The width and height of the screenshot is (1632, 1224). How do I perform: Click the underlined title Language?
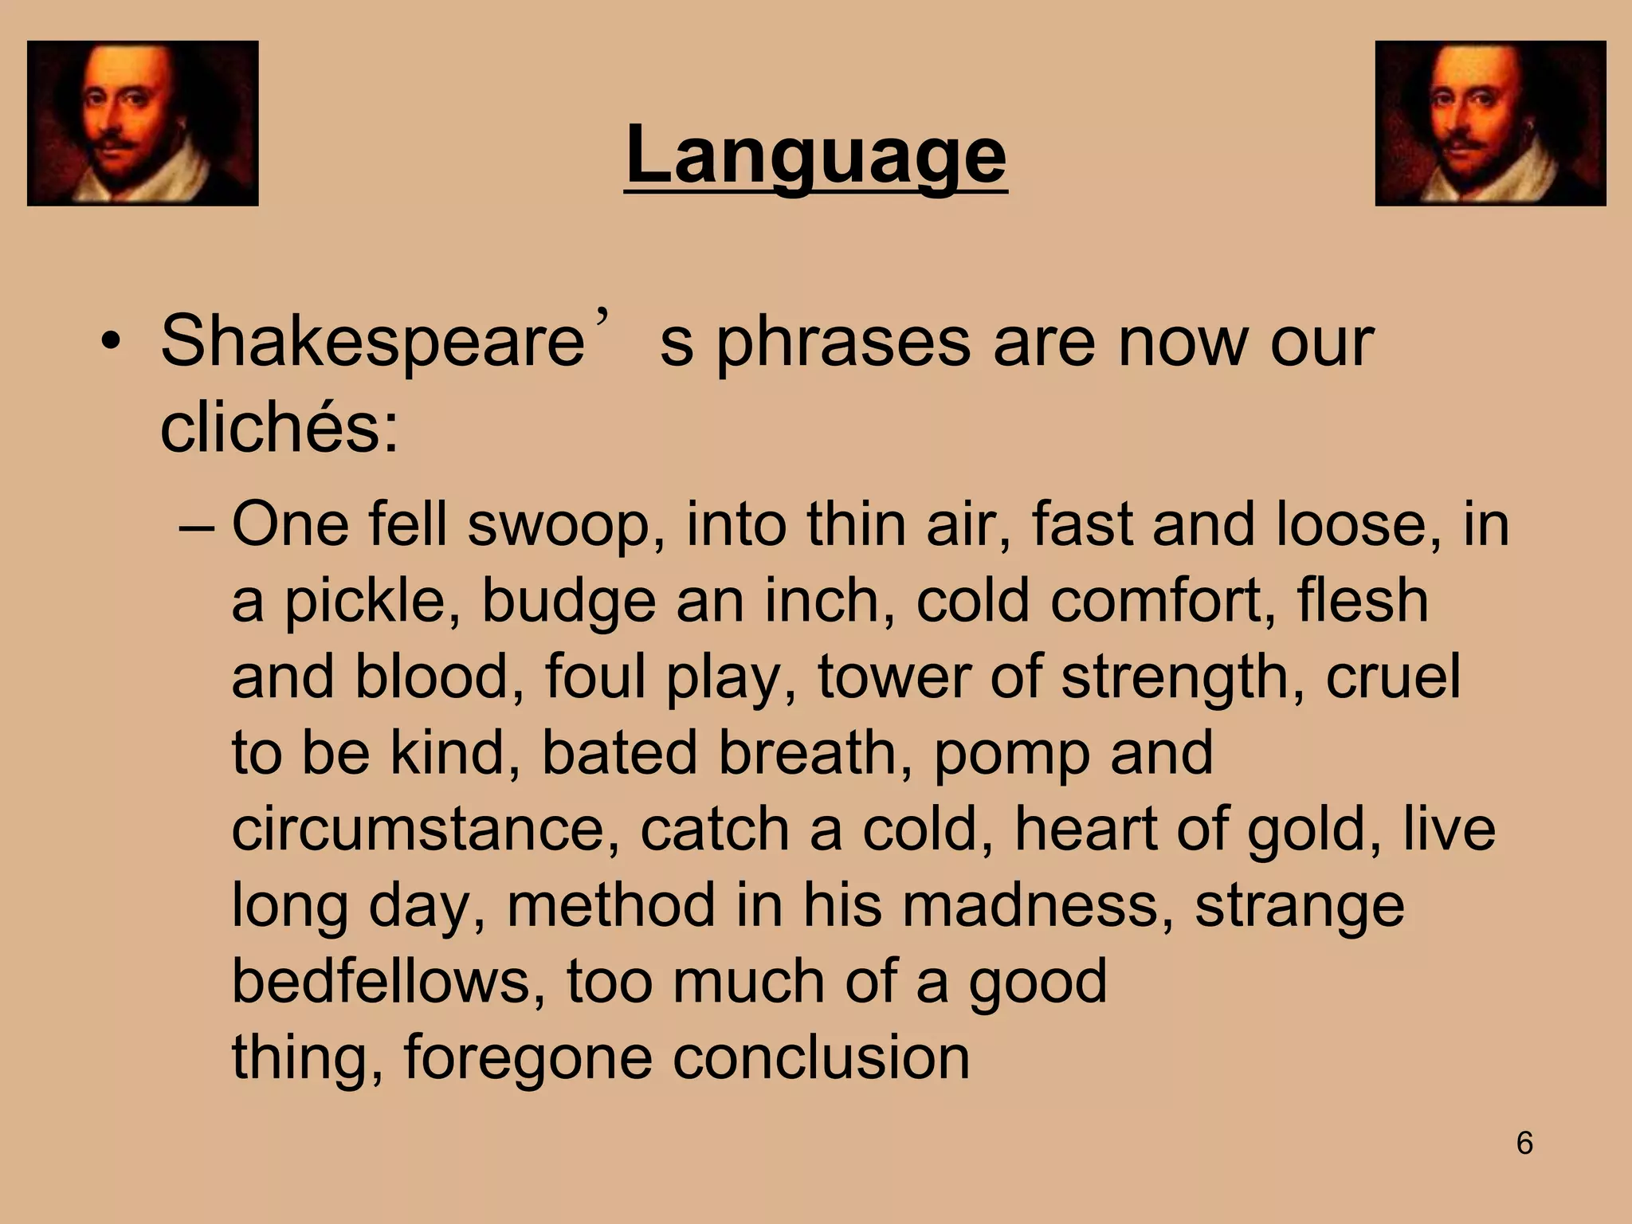816,155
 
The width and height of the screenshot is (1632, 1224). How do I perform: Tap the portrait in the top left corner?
143,124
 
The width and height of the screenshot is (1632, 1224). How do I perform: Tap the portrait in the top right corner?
1490,124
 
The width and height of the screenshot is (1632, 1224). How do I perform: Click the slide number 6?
1524,1144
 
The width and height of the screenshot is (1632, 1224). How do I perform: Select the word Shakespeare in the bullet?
373,341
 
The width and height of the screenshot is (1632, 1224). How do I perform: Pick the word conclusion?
821,1057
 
